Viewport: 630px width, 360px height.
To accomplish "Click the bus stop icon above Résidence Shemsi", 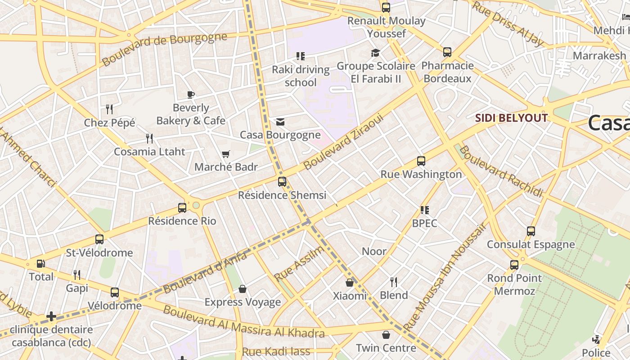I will pyautogui.click(x=282, y=182).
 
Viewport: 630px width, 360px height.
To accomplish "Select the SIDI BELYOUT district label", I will pyautogui.click(x=512, y=118).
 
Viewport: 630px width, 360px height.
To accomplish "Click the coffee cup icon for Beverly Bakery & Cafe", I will pyautogui.click(x=191, y=94).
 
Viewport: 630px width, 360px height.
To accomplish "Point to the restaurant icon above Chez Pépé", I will pyautogui.click(x=109, y=109).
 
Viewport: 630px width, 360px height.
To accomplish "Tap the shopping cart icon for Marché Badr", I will pyautogui.click(x=226, y=154).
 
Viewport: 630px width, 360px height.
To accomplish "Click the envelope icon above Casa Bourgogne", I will pyautogui.click(x=280, y=122).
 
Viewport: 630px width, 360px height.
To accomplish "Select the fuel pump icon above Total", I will pyautogui.click(x=41, y=264).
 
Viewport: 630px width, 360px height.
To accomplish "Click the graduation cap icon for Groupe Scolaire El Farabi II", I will pyautogui.click(x=375, y=53).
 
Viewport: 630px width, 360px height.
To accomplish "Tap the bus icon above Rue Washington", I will pyautogui.click(x=421, y=161).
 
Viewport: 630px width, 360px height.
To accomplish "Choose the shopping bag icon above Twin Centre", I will pyautogui.click(x=386, y=335).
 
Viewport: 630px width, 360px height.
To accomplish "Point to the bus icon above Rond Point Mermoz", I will pyautogui.click(x=514, y=265).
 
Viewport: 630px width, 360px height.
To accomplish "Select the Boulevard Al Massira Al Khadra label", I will pyautogui.click(x=243, y=322).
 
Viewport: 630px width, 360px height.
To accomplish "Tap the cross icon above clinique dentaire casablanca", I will pyautogui.click(x=51, y=316).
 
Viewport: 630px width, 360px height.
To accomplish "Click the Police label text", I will pyautogui.click(x=596, y=352).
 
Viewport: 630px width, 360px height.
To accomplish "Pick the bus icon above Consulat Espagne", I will pyautogui.click(x=531, y=231).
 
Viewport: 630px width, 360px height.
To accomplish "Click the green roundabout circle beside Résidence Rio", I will pyautogui.click(x=196, y=206).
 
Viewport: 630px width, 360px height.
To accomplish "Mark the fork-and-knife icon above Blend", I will pyautogui.click(x=394, y=282).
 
